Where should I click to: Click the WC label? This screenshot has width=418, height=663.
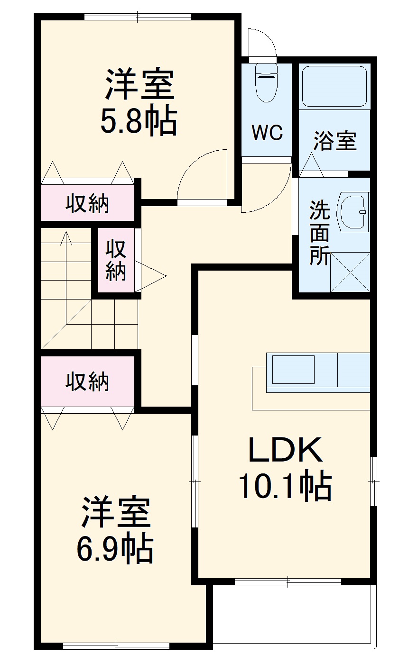click(267, 133)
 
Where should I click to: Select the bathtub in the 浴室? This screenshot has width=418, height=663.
click(334, 86)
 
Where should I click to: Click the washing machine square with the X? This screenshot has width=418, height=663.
click(350, 272)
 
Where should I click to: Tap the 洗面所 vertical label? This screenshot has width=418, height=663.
click(319, 233)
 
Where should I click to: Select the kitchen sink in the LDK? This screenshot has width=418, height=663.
click(293, 370)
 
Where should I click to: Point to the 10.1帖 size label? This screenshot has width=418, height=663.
click(285, 486)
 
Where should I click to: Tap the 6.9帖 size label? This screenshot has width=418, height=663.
click(115, 549)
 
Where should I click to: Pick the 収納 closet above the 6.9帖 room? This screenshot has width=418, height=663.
click(87, 381)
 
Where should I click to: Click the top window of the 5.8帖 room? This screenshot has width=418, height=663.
click(138, 17)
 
